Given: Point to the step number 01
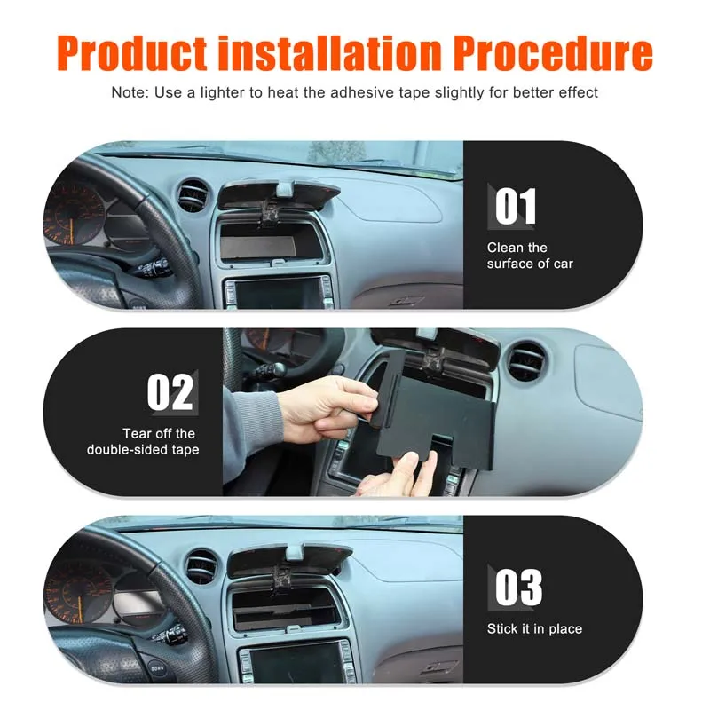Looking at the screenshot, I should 516,206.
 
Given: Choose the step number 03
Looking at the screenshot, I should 518,588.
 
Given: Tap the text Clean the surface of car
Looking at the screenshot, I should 530,256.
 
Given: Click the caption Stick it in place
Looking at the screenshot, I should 534,629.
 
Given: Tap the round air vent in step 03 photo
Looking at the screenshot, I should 201,566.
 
